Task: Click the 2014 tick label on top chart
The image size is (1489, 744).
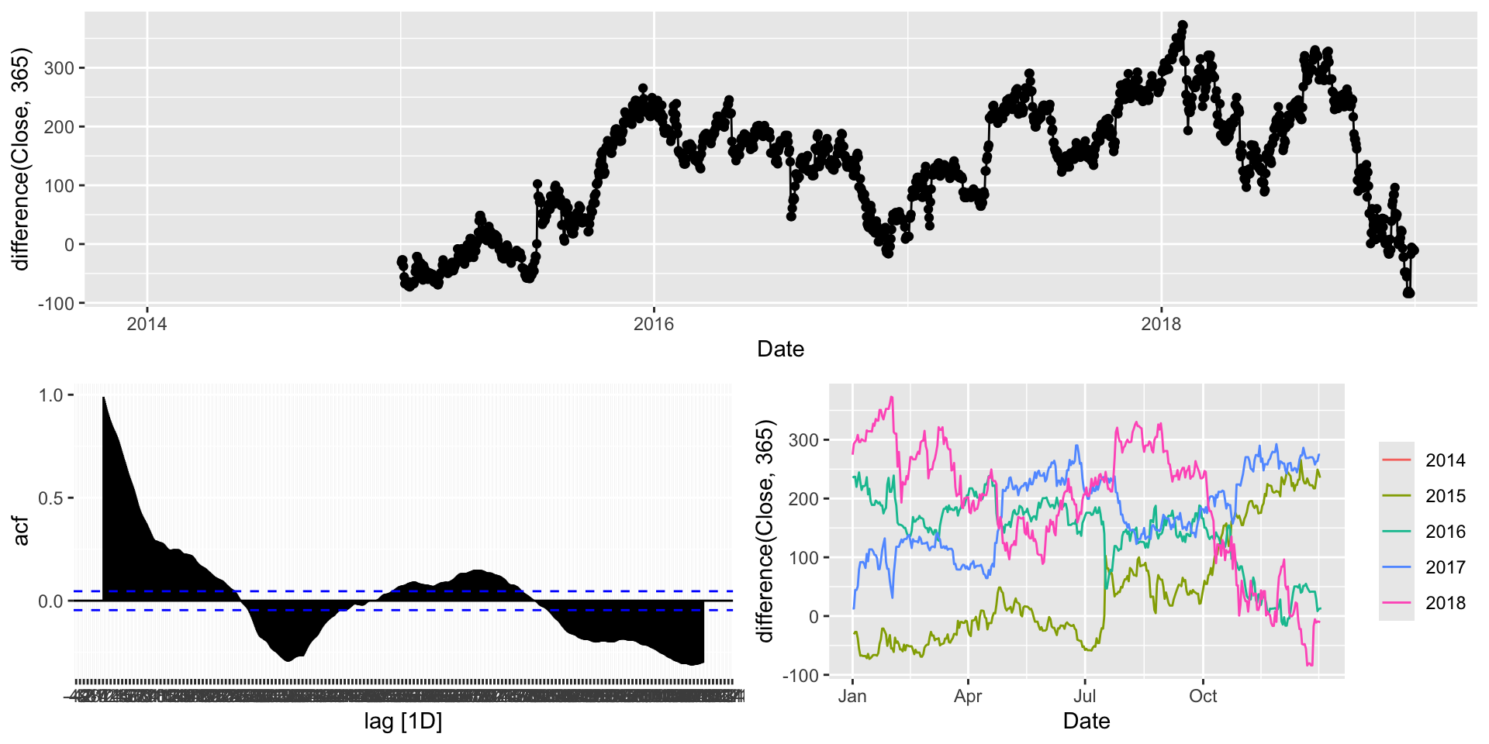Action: click(x=147, y=324)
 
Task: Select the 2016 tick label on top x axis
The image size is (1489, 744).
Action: click(x=654, y=324)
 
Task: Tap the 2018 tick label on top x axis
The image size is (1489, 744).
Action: click(x=1161, y=324)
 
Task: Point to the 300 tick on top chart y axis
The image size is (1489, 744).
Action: click(x=59, y=68)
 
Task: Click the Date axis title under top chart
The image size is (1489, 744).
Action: click(x=780, y=350)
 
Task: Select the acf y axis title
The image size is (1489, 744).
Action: click(x=21, y=531)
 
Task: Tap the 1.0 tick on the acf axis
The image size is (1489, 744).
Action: click(x=50, y=395)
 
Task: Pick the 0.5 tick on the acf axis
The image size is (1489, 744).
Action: click(x=50, y=498)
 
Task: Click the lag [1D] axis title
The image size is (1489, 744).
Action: click(x=402, y=722)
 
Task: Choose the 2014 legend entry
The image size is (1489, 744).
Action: click(x=1445, y=460)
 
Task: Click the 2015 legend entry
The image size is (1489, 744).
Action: click(x=1445, y=496)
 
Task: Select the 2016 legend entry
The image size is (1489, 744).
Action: click(x=1445, y=532)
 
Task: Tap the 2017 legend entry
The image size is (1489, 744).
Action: click(x=1445, y=567)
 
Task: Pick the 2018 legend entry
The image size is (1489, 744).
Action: click(x=1445, y=603)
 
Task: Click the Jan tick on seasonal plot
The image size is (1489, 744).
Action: click(x=852, y=696)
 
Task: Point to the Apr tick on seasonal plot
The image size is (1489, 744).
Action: click(x=968, y=696)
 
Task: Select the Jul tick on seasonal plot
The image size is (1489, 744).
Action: click(x=1085, y=696)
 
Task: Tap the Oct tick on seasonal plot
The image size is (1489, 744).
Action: click(x=1203, y=696)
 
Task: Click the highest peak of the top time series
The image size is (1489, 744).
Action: click(x=1183, y=26)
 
